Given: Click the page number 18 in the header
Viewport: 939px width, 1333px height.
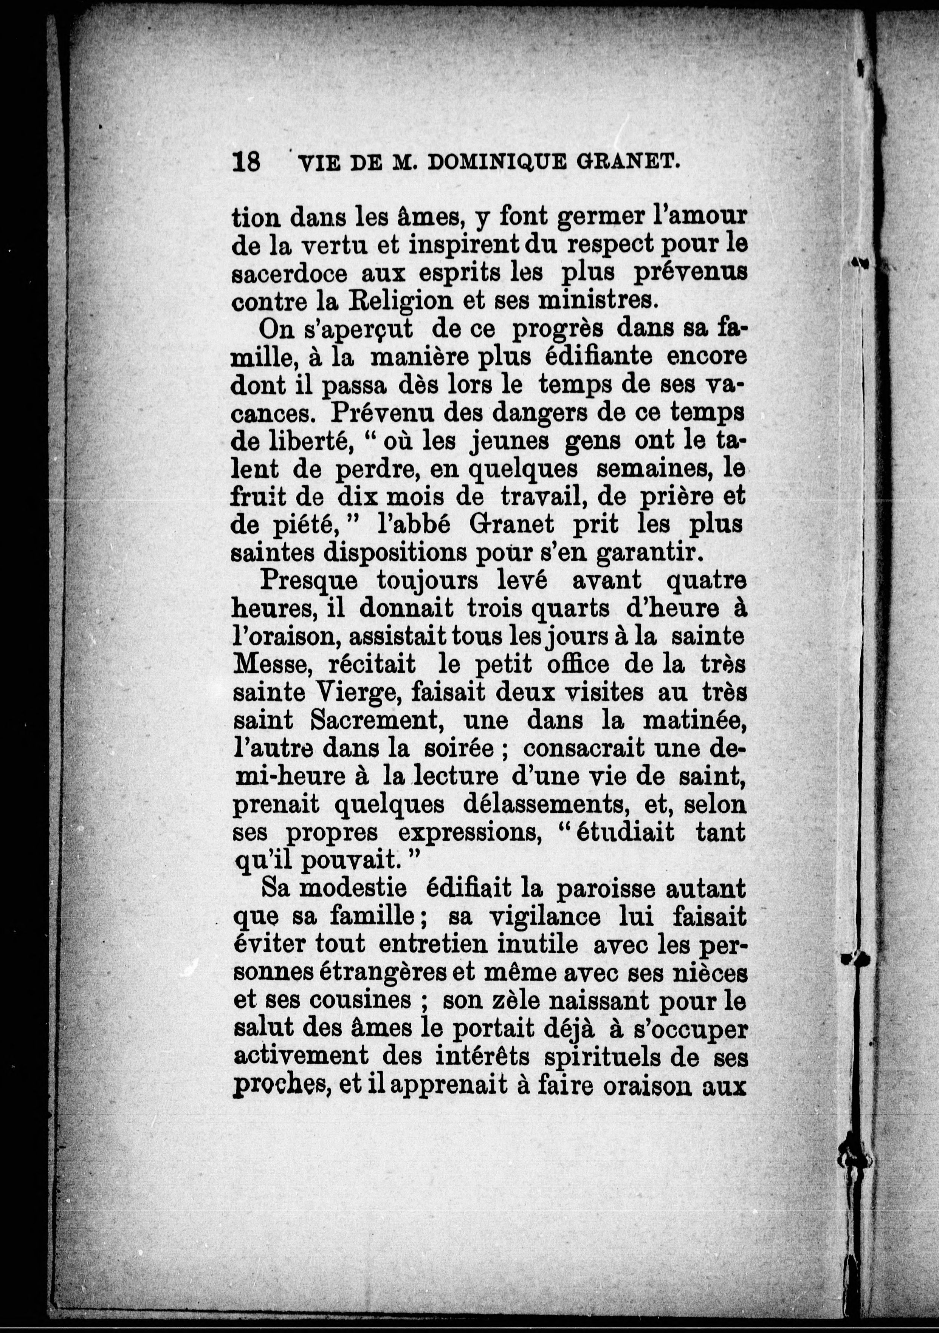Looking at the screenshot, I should pyautogui.click(x=246, y=162).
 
